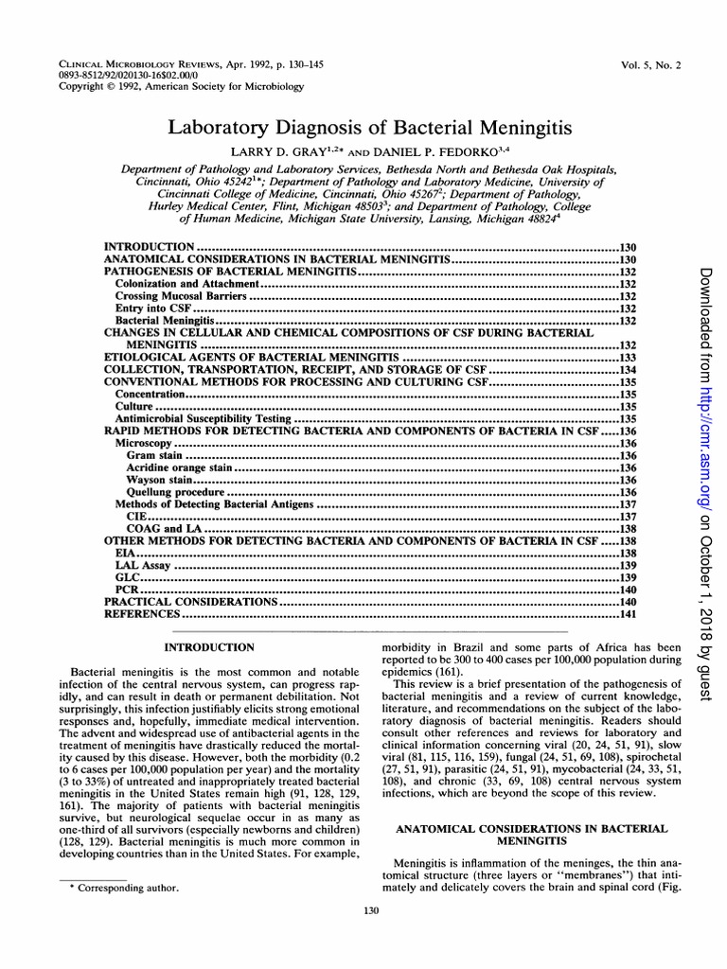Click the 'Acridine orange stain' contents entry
tap(179, 467)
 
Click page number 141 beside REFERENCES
tap(627, 613)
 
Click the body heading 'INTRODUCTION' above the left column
tap(209, 647)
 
